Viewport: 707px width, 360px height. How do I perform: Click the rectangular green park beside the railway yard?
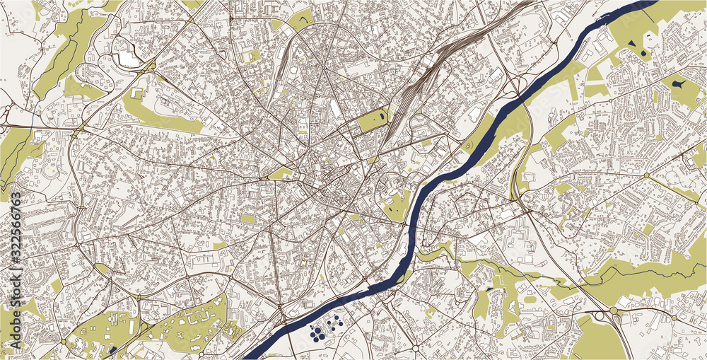point(373,120)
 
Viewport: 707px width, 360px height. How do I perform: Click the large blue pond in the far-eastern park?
point(679,84)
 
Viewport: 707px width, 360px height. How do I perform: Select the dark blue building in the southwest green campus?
point(112,349)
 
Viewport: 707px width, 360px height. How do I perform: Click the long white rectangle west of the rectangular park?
point(334,110)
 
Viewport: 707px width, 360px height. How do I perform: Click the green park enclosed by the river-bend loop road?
point(396,205)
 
